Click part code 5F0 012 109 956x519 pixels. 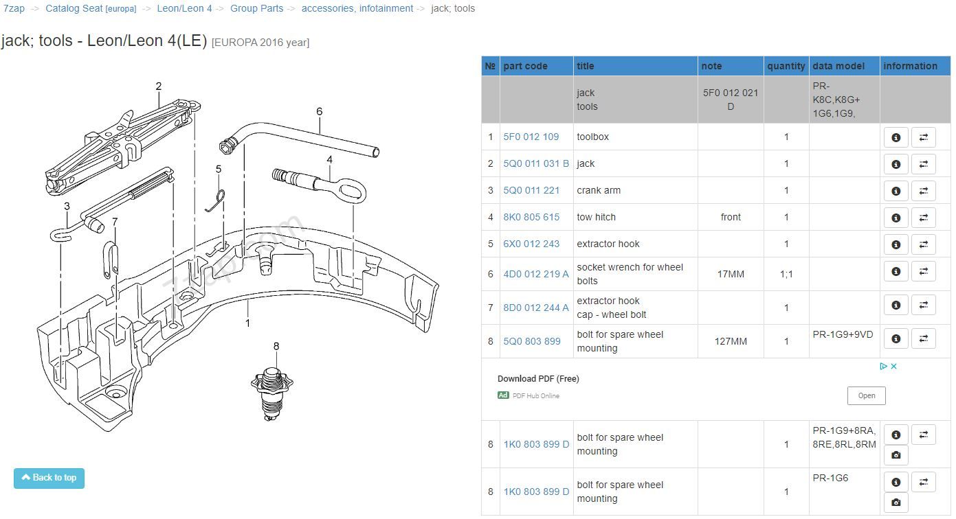(x=531, y=137)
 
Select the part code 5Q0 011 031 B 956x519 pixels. (x=536, y=163)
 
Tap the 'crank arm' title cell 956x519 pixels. (x=598, y=190)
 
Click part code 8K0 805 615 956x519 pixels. (x=531, y=217)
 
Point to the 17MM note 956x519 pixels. (x=731, y=274)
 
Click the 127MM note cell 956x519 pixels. (x=731, y=341)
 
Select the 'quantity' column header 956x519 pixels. (x=786, y=66)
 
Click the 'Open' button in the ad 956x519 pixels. (x=866, y=395)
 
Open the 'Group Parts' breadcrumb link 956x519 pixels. (x=256, y=9)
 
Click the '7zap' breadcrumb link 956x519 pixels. (x=14, y=9)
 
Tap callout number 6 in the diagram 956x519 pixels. (x=320, y=111)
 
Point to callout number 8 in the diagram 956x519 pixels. (x=276, y=346)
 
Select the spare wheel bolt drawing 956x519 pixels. (x=272, y=394)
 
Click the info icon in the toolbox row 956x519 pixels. (x=896, y=137)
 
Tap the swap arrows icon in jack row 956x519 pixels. (x=923, y=164)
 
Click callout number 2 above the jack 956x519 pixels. (x=159, y=86)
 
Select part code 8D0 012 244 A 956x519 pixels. (x=536, y=308)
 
